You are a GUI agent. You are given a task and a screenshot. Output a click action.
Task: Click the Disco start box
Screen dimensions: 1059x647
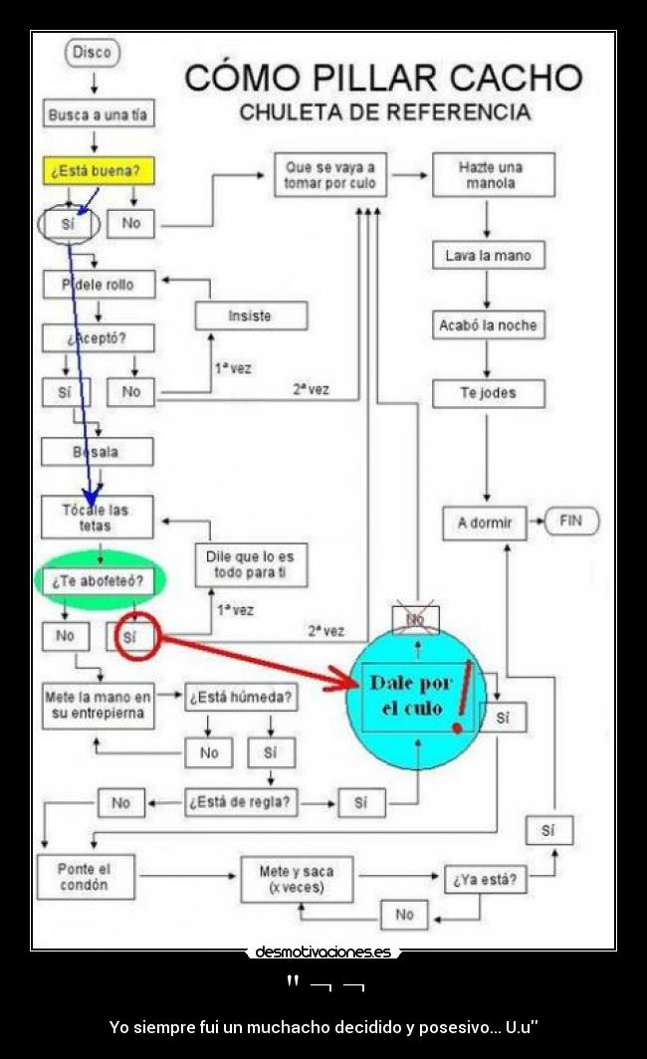tap(93, 53)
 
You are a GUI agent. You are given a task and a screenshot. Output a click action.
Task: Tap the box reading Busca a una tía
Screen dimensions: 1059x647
tap(98, 114)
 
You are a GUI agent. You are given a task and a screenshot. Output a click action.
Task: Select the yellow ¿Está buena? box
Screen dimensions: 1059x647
tap(98, 170)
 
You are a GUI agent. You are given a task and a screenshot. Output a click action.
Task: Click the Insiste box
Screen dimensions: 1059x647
tap(250, 316)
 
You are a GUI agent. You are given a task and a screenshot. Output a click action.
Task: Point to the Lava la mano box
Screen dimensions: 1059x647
tap(488, 256)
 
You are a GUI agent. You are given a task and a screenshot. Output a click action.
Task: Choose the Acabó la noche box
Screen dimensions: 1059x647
tap(488, 325)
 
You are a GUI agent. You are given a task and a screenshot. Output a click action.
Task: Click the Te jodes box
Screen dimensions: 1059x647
tap(488, 393)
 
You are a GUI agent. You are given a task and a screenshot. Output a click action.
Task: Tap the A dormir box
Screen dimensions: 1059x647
tap(485, 523)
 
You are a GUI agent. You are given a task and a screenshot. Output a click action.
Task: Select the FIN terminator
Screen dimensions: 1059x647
tap(571, 521)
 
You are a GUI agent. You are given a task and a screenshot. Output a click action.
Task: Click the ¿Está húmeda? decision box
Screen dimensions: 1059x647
tap(241, 698)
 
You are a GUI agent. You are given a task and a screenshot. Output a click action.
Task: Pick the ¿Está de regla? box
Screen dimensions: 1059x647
tap(241, 802)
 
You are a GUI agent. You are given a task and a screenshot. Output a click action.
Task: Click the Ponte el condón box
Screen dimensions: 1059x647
tap(85, 877)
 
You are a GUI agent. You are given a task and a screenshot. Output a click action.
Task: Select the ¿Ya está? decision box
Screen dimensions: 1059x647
tap(486, 880)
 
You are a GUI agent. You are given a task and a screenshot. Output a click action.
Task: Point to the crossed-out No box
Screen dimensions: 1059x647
tap(415, 619)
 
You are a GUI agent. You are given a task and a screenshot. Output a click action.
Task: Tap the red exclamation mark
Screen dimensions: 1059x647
tap(462, 695)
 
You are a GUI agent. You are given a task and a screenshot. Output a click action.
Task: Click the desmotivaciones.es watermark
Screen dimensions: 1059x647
tap(323, 953)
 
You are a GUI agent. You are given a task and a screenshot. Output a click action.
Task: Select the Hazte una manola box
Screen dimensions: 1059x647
tap(492, 175)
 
